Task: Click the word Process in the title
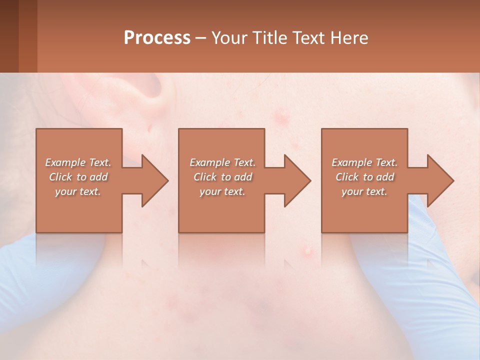[x=157, y=37]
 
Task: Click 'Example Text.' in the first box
[x=78, y=162]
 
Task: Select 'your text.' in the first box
[x=78, y=191]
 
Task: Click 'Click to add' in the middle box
[x=222, y=177]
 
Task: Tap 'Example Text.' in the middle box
[x=222, y=162]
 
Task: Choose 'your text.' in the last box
[x=364, y=191]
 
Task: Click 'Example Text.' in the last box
[x=364, y=162]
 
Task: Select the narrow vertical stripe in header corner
[x=28, y=36]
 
